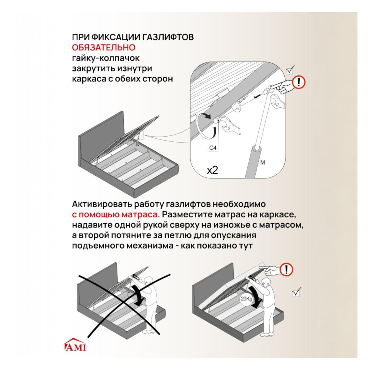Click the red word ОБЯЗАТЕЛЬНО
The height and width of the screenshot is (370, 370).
(x=104, y=48)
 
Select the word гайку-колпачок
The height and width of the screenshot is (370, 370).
(x=106, y=58)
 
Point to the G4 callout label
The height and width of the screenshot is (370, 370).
(x=213, y=148)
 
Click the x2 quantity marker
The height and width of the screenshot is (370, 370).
(x=213, y=170)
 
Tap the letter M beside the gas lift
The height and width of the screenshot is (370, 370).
(x=263, y=163)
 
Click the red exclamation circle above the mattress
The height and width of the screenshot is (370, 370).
(x=287, y=270)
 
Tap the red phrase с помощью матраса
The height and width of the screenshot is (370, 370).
(x=115, y=215)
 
